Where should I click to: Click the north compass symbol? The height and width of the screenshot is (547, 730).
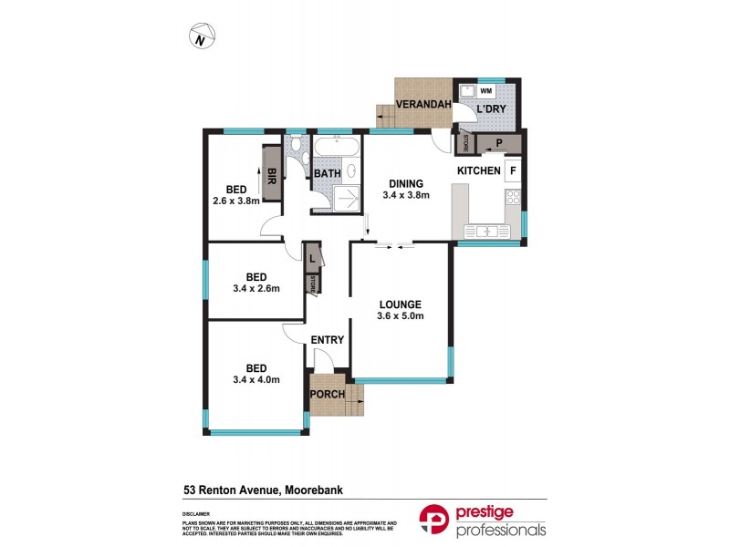(202, 37)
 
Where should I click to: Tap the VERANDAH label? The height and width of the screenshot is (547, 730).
(424, 105)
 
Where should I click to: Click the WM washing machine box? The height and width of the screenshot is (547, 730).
(485, 91)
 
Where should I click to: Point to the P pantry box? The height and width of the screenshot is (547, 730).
(499, 143)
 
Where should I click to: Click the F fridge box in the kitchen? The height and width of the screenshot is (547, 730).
(513, 170)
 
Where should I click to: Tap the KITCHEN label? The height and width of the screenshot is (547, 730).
(478, 170)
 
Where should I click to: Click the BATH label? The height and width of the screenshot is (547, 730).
(327, 174)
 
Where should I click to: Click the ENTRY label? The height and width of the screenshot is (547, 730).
(328, 340)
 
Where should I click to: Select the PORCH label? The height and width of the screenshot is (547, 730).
(328, 395)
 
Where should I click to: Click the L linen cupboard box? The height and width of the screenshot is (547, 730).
(312, 258)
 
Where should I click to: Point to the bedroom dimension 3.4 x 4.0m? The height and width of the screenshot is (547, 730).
(256, 380)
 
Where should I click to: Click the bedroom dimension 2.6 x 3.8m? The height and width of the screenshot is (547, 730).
(235, 201)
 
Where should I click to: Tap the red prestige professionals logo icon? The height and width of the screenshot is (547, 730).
(433, 520)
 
